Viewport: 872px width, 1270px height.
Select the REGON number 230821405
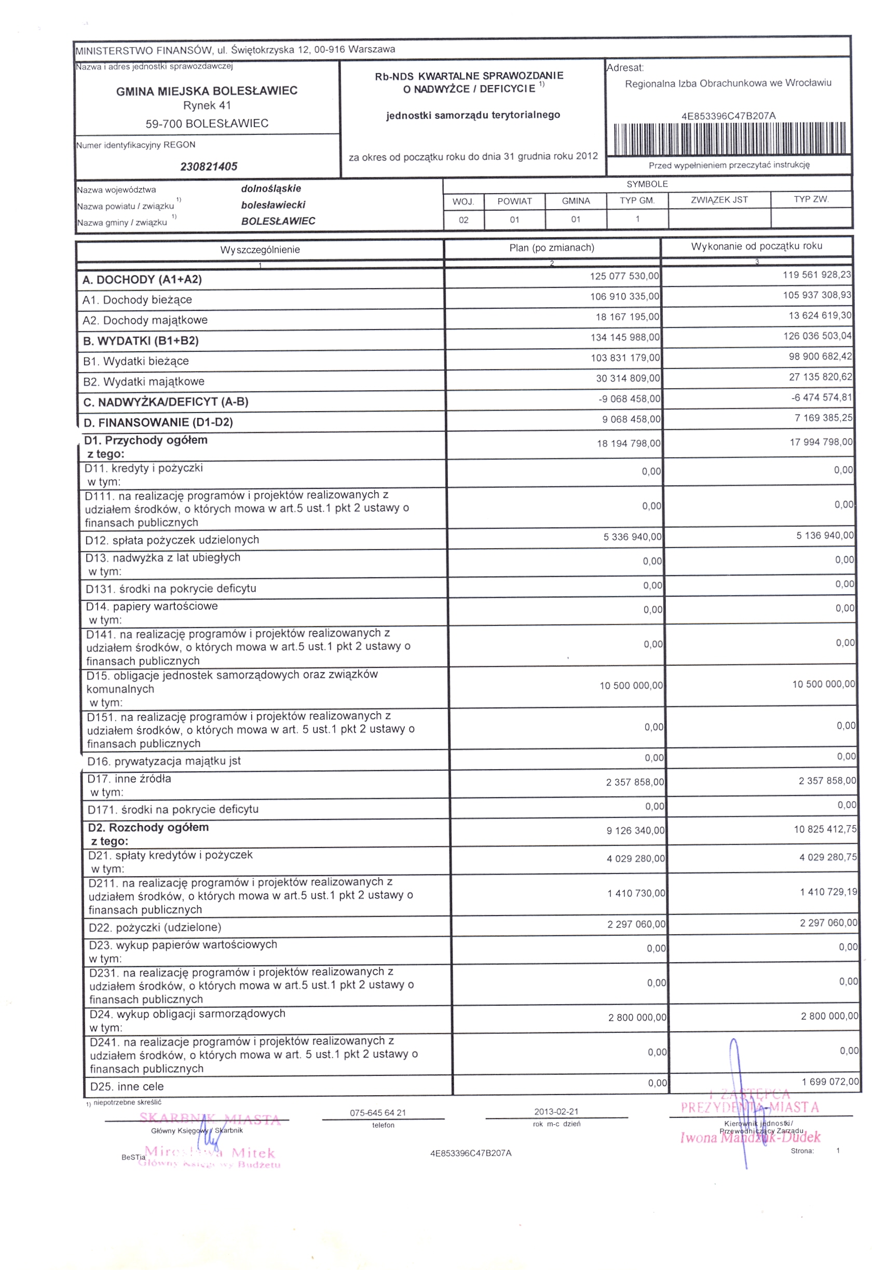coord(209,167)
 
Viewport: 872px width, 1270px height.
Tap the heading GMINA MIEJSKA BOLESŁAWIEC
coord(207,91)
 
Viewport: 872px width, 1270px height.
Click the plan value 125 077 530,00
coord(624,277)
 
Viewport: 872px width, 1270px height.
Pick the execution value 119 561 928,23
coord(816,275)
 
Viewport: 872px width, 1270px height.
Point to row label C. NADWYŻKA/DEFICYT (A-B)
coord(166,402)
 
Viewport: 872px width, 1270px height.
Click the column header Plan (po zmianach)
coord(551,248)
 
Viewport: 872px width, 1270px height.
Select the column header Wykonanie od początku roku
coord(756,247)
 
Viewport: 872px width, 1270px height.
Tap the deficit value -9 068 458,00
coord(629,399)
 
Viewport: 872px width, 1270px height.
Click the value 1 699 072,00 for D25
coord(830,1082)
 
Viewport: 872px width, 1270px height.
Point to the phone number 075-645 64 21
coord(377,1113)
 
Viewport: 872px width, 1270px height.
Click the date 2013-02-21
coord(556,1112)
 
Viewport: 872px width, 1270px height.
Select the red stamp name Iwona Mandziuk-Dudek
coord(750,1138)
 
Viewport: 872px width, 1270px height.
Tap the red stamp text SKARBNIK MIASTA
coord(210,1118)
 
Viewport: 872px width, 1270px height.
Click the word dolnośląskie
coord(271,189)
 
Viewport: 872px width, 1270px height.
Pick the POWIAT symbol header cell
coord(514,201)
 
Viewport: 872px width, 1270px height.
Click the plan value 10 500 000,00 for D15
coord(631,686)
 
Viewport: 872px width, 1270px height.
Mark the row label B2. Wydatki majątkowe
coord(144,381)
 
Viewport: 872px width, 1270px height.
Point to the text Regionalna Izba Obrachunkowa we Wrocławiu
coord(728,84)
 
